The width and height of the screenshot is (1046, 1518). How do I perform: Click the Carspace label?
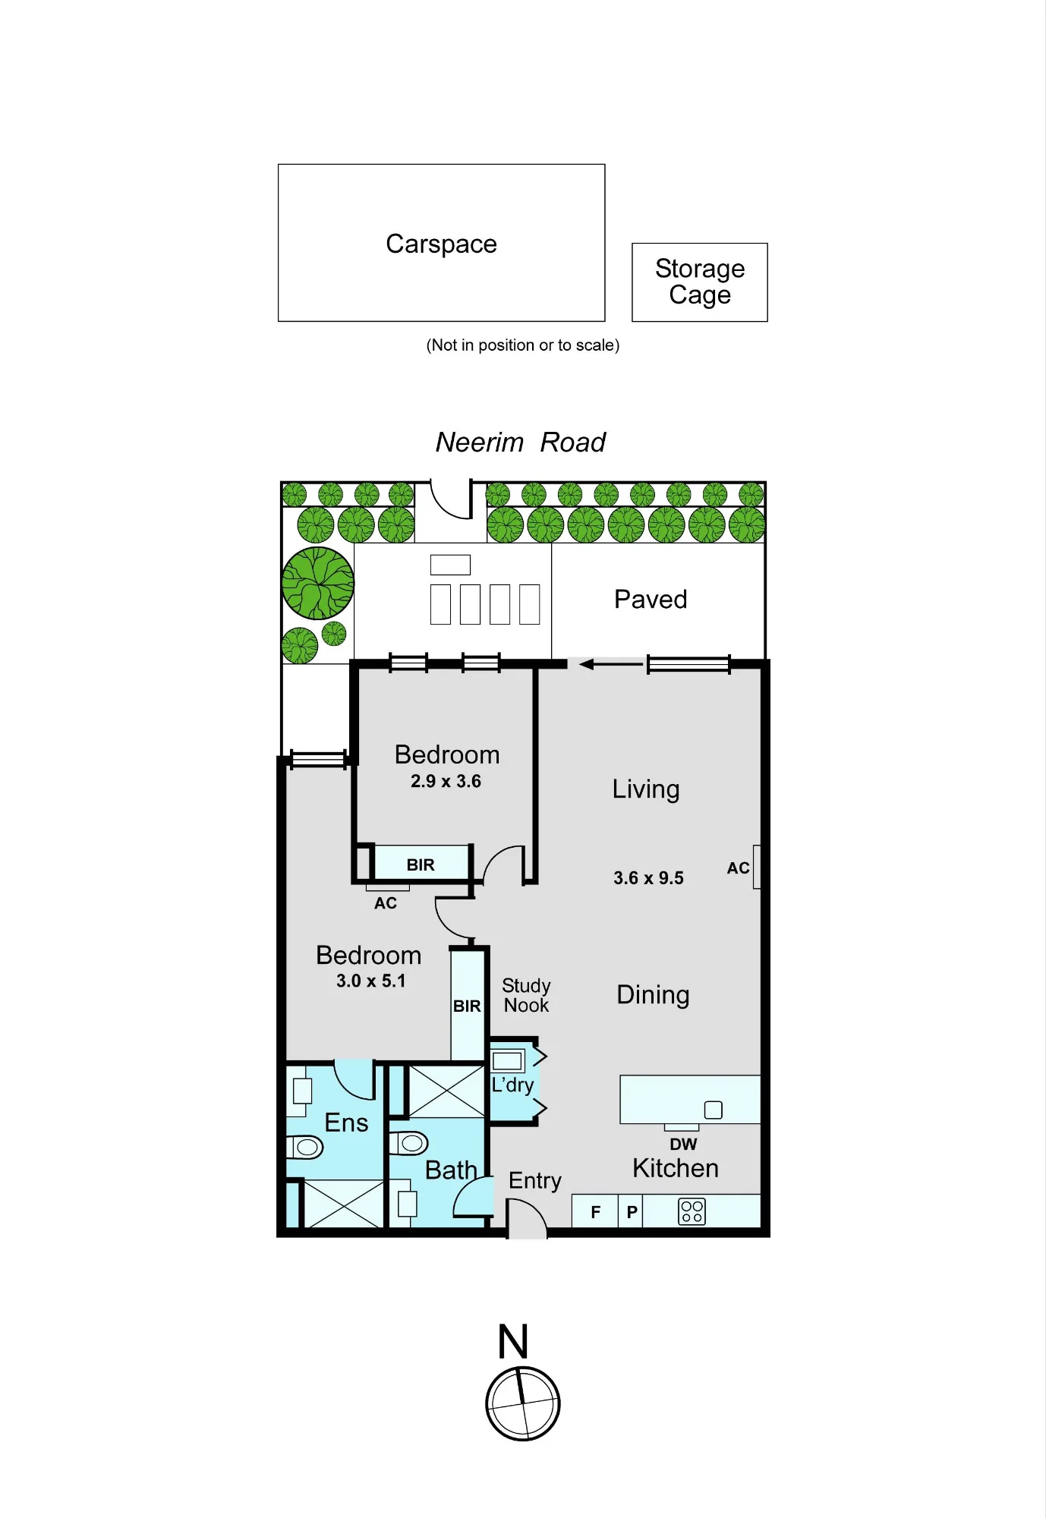[x=441, y=244]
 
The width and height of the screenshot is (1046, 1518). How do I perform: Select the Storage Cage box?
[x=700, y=282]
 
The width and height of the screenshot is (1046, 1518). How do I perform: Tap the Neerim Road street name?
[x=521, y=442]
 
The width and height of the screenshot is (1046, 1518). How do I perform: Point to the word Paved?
[x=651, y=600]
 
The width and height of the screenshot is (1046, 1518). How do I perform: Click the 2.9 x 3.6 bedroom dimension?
[x=446, y=781]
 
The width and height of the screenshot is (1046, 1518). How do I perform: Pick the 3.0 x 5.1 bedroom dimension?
[x=371, y=981]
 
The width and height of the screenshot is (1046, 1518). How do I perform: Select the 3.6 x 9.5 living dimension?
[x=648, y=878]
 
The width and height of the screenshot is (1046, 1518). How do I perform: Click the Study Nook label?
[x=526, y=995]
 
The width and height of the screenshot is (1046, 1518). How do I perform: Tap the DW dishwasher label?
[x=683, y=1144]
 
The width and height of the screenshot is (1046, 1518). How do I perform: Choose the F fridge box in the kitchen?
[x=595, y=1211]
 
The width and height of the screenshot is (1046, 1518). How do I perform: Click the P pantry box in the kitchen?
[x=631, y=1211]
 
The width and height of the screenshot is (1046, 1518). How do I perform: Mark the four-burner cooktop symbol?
[x=692, y=1211]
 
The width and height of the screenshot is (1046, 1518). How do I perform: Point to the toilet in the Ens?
[x=304, y=1147]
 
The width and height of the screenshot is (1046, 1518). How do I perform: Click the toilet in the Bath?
[x=408, y=1143]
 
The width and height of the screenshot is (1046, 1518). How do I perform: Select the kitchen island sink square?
[x=714, y=1110]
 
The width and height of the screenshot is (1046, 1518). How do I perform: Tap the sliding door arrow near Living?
[x=611, y=665]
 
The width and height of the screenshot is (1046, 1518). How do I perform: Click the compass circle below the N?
[x=523, y=1403]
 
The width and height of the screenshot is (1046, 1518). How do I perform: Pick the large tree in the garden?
[x=318, y=583]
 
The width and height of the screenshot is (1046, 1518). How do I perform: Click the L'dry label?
[x=512, y=1085]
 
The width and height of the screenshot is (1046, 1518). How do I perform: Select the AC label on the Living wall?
[x=738, y=868]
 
